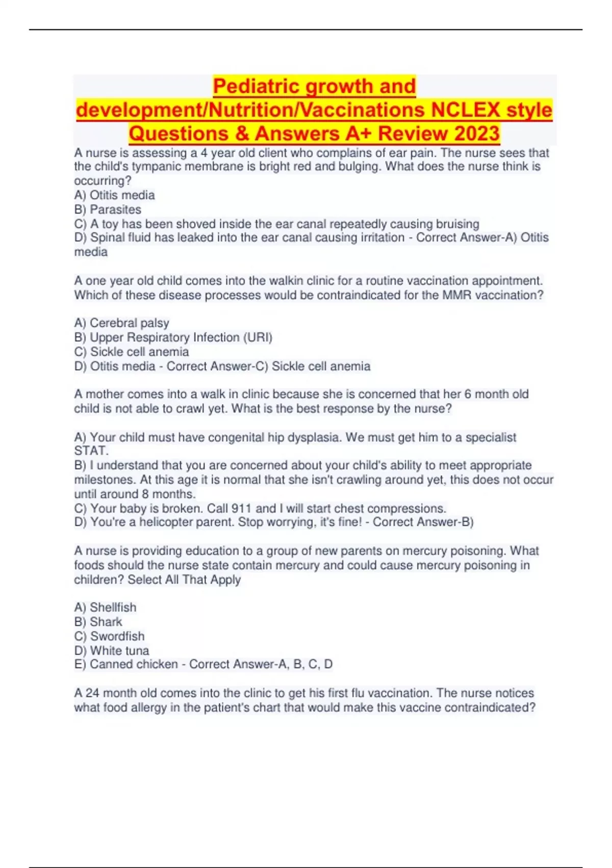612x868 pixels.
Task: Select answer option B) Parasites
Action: click(x=108, y=209)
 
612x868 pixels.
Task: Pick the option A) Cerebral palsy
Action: click(x=121, y=323)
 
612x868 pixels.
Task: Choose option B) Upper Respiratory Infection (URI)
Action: click(x=173, y=337)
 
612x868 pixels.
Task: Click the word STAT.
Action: click(x=91, y=451)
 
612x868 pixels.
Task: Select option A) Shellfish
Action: click(x=106, y=608)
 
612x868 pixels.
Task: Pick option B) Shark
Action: click(x=98, y=622)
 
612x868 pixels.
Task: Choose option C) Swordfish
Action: click(x=110, y=636)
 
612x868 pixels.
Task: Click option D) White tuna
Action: click(x=112, y=650)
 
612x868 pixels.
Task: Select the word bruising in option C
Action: click(x=457, y=224)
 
